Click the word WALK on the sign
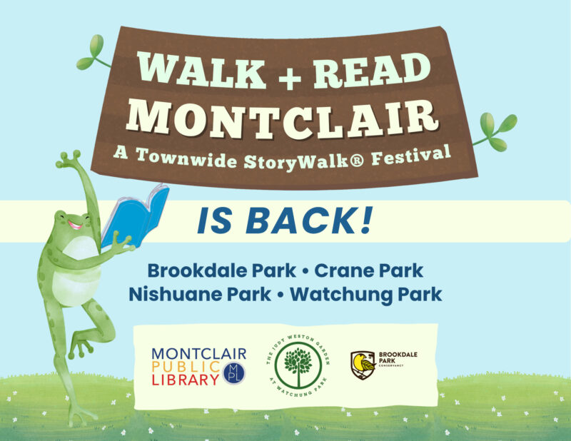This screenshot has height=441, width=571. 201,70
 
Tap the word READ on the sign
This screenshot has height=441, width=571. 372,70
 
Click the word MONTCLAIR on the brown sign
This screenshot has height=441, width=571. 282,118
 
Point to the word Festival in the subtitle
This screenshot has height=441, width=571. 411,156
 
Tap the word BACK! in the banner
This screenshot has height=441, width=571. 310,220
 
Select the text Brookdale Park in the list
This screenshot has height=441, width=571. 222,270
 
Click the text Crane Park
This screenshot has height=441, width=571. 368,270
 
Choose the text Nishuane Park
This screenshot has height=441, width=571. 200,294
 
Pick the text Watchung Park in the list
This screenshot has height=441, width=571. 366,294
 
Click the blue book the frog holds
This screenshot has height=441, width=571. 136,216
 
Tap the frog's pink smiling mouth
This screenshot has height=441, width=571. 75,225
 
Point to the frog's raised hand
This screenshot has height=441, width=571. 69,159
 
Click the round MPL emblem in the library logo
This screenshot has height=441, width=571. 234,373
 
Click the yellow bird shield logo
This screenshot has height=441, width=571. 363,365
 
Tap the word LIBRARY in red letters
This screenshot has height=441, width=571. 185,380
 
